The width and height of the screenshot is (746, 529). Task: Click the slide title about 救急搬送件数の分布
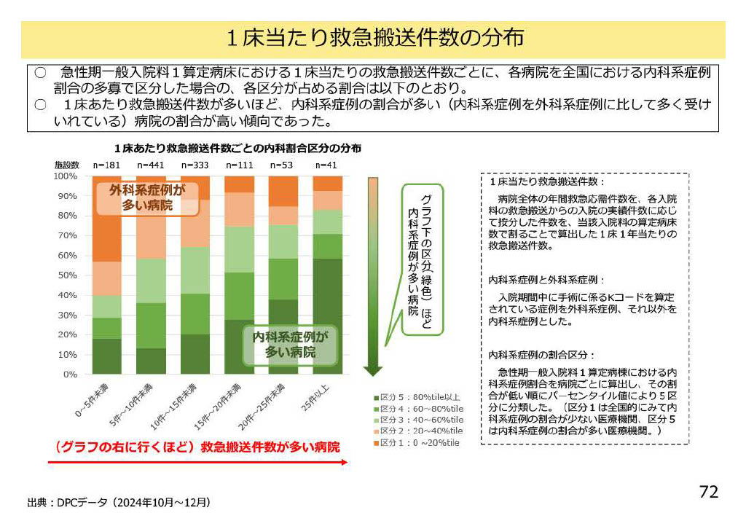(x=372, y=39)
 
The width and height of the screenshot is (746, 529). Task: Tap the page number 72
(x=708, y=492)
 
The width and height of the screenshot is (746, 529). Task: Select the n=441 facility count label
(x=151, y=165)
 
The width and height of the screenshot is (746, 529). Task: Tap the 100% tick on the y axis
(x=66, y=176)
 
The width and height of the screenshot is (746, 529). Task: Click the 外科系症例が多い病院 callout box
(x=147, y=198)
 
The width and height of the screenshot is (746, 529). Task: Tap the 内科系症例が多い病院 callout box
(x=290, y=345)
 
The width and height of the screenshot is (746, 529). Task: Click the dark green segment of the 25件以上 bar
(x=327, y=316)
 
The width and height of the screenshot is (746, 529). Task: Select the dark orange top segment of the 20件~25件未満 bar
(x=283, y=191)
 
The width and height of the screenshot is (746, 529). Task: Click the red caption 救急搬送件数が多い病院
(x=196, y=446)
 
